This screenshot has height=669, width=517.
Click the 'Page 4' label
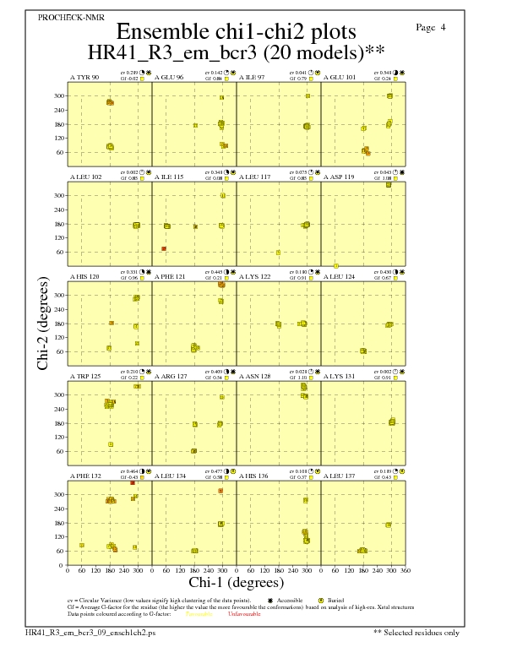click(x=431, y=28)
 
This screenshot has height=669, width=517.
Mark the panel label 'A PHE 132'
click(x=85, y=476)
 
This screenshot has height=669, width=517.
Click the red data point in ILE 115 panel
click(x=164, y=248)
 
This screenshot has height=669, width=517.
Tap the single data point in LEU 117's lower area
click(x=278, y=253)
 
